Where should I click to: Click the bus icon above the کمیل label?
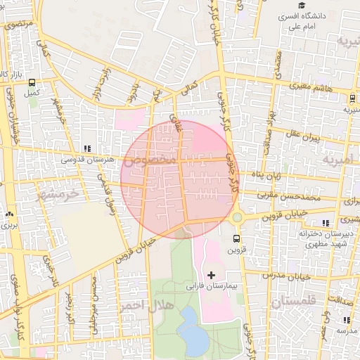(x=31, y=82)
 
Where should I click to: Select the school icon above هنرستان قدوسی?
(x=87, y=148)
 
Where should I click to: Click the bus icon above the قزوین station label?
(x=236, y=238)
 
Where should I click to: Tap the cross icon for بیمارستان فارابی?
(x=212, y=274)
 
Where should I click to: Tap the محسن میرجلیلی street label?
(x=94, y=295)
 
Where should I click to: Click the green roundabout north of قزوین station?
(x=237, y=217)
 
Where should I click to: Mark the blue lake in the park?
(x=193, y=330)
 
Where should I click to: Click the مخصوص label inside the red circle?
(x=150, y=160)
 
